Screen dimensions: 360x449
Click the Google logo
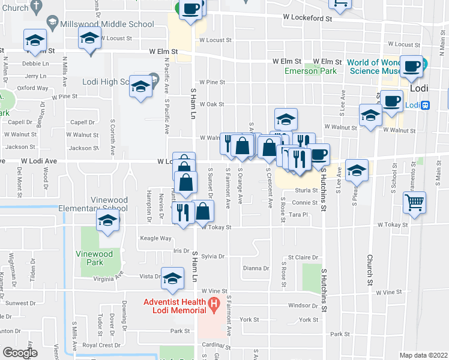(x=20, y=353)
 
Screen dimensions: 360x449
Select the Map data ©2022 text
(x=423, y=355)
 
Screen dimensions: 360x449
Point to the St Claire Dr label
(x=303, y=257)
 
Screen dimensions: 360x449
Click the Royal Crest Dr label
(x=97, y=345)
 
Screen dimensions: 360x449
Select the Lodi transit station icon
(x=426, y=105)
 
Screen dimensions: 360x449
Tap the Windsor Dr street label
(x=303, y=306)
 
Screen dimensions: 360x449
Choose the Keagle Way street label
(x=155, y=238)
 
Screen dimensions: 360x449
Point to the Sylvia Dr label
(x=212, y=256)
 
